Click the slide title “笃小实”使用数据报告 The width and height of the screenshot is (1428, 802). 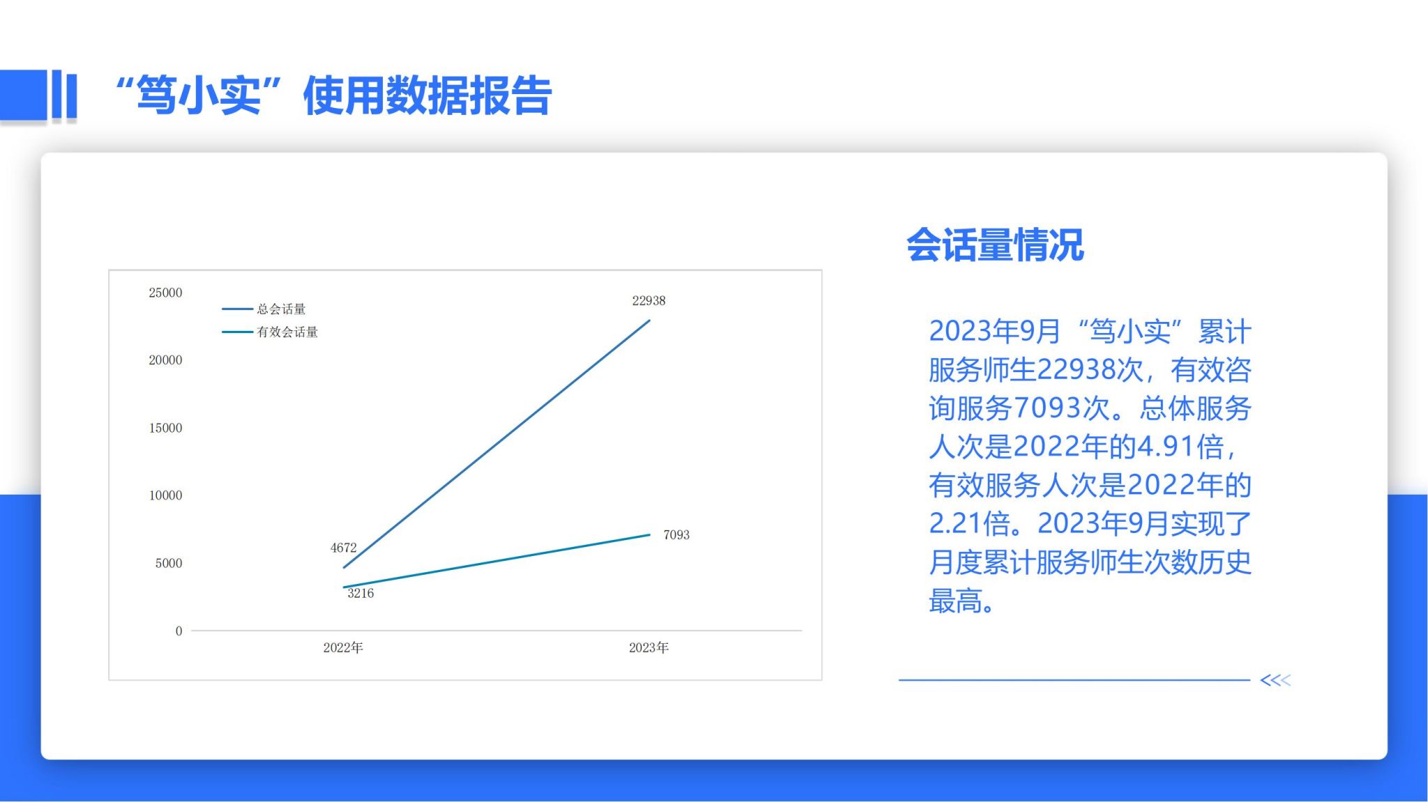[334, 95]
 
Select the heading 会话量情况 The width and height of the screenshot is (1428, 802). [995, 245]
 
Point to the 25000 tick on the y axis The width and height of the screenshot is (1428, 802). [165, 293]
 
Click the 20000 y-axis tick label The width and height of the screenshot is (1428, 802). [165, 360]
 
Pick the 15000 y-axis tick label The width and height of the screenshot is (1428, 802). [165, 428]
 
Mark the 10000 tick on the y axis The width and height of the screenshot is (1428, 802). [165, 495]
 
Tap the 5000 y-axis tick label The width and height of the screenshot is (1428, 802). [169, 563]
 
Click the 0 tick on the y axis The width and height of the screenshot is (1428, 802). [178, 631]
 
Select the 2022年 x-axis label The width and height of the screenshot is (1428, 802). [343, 648]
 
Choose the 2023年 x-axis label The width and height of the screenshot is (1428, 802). [648, 648]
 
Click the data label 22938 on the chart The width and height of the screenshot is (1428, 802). [648, 300]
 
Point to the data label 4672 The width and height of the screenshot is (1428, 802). [343, 548]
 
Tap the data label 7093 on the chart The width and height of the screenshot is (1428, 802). [676, 534]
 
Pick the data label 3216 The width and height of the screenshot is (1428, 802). [360, 593]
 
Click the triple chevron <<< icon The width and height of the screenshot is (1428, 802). [1275, 680]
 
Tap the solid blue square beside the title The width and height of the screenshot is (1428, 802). [24, 94]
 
